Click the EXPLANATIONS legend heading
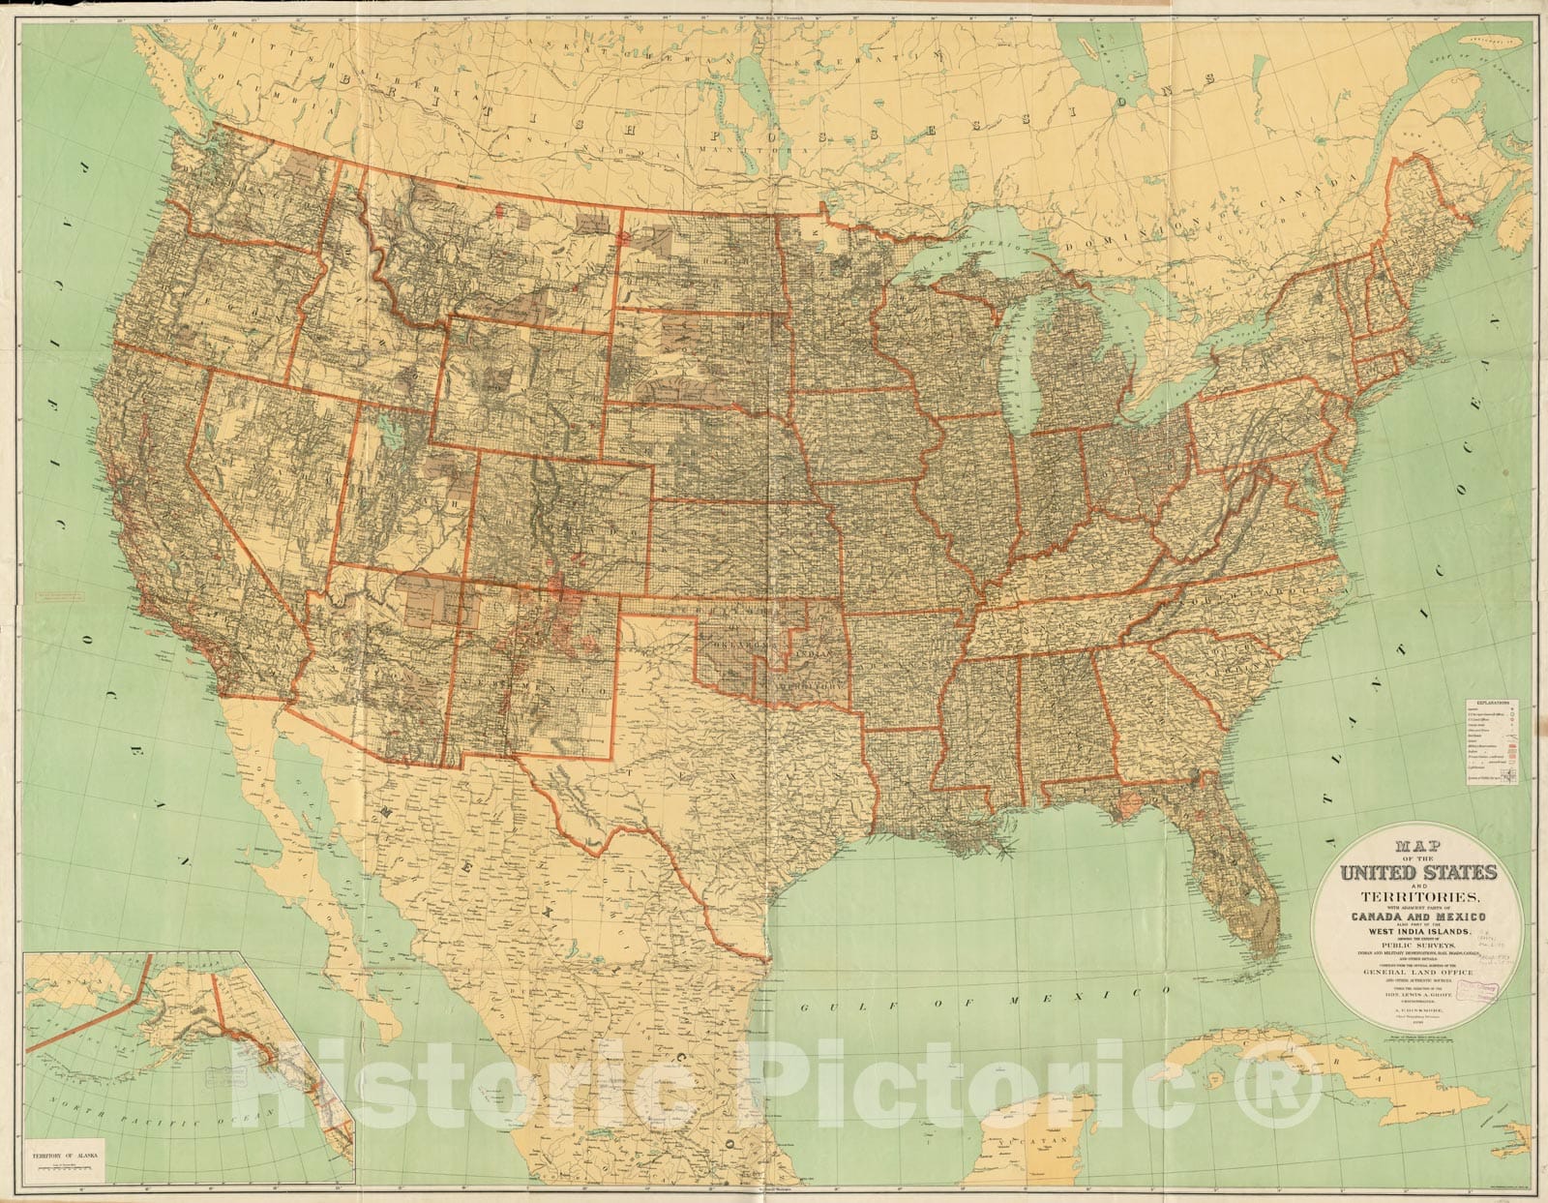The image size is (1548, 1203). tap(1487, 703)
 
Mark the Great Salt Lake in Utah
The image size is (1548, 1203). tap(389, 426)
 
